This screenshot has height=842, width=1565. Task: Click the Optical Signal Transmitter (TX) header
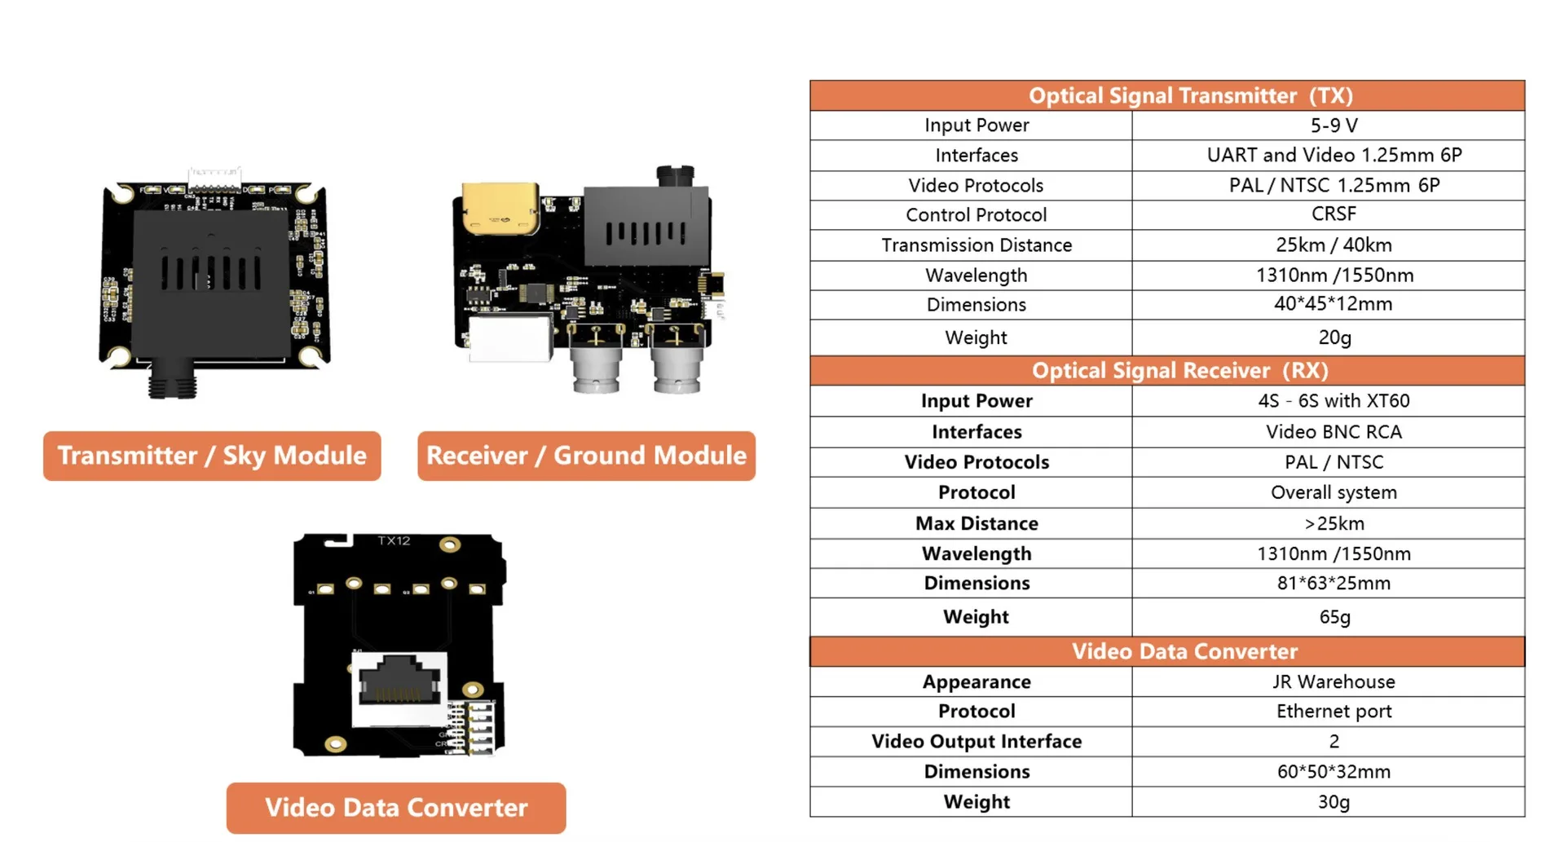(x=1190, y=95)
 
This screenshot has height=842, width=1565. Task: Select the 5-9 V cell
(x=1334, y=126)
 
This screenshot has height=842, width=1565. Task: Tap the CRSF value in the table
(x=1334, y=214)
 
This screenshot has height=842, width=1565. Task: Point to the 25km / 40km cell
(x=1334, y=245)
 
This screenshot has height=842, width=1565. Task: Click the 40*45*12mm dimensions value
(x=1334, y=304)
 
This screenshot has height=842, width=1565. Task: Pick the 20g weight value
(x=1334, y=337)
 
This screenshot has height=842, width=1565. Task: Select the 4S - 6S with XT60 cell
(x=1334, y=400)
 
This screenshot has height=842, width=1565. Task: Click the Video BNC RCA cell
(x=1334, y=431)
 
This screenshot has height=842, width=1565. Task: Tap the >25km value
(x=1334, y=523)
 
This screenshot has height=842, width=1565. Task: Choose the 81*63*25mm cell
(x=1334, y=583)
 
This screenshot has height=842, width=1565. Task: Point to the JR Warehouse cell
(x=1334, y=681)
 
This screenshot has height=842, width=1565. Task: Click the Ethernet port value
(x=1334, y=711)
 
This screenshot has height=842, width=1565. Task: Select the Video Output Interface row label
(x=976, y=741)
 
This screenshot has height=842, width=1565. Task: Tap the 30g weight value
(x=1334, y=801)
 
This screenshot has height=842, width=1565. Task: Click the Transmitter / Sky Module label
(x=212, y=456)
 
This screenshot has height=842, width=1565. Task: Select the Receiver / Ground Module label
(x=586, y=456)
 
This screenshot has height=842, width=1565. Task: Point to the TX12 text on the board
(x=394, y=540)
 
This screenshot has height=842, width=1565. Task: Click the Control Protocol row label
(x=976, y=214)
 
